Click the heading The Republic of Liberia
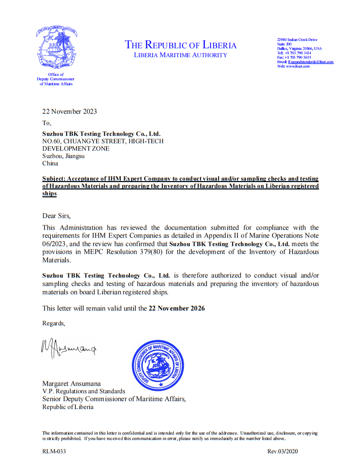181,45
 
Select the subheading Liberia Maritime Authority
181,55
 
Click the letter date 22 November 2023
69,111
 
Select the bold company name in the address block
101,134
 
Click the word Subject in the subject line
55,178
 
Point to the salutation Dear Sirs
60,216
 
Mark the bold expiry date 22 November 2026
177,309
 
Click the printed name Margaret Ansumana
71,384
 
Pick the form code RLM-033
54,451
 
